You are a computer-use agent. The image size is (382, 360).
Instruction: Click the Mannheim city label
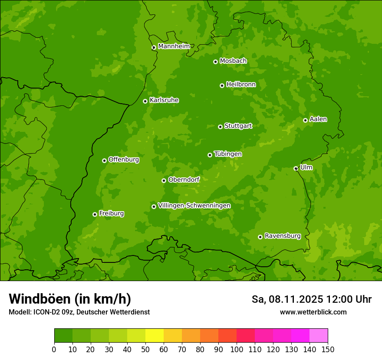(174, 46)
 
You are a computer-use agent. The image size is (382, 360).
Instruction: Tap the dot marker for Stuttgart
(220, 127)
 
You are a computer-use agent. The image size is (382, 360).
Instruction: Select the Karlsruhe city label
(164, 100)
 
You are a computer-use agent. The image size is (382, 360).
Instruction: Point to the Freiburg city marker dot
(95, 214)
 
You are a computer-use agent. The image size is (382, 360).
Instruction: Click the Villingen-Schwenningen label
(194, 206)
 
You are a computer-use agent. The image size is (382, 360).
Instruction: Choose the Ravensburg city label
(282, 236)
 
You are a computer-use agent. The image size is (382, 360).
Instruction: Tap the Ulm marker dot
(296, 168)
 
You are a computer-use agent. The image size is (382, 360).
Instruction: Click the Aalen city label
(318, 119)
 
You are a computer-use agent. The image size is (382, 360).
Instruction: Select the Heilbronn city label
(241, 85)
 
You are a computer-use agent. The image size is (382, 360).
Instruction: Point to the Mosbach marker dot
(215, 62)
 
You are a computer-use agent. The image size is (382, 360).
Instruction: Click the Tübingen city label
(227, 154)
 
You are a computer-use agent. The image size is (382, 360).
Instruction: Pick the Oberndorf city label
(184, 180)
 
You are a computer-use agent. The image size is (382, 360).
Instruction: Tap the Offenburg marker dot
(104, 160)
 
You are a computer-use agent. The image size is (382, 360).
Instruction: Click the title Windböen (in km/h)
(69, 299)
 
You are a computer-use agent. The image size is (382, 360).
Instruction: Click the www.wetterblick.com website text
(313, 312)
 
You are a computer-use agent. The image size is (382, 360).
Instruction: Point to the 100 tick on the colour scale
(237, 350)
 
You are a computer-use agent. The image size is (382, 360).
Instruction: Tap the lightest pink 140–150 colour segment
(319, 336)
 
